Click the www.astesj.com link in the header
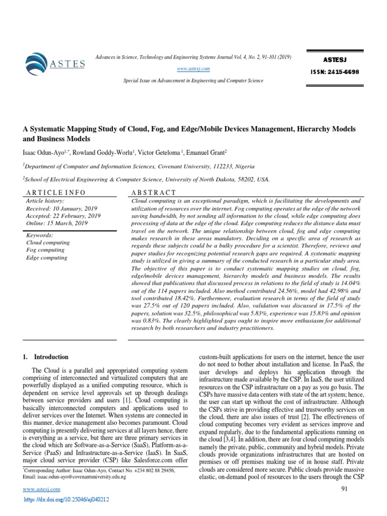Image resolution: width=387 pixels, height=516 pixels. click(x=195, y=69)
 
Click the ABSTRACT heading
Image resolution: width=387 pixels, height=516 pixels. click(x=153, y=192)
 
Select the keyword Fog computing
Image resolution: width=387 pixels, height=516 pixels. click(x=45, y=250)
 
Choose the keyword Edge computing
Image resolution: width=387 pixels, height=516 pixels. click(x=46, y=257)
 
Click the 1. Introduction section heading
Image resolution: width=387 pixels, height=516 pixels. click(x=46, y=357)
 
